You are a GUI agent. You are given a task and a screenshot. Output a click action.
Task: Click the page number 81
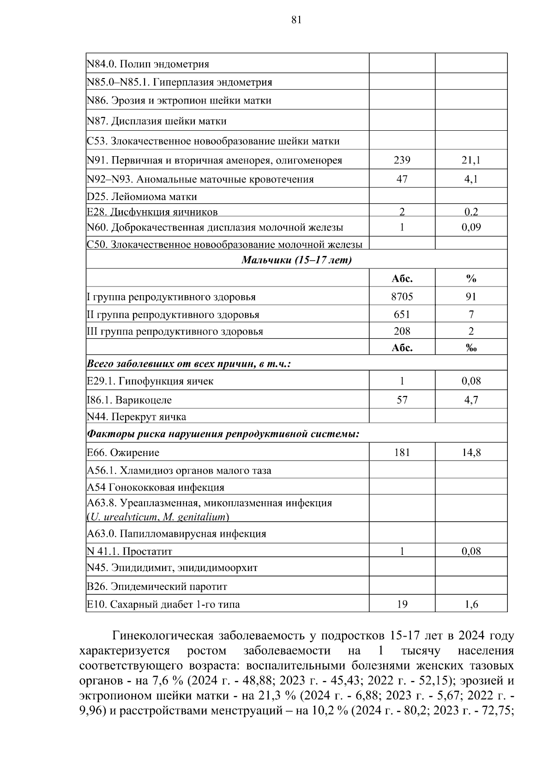(x=296, y=19)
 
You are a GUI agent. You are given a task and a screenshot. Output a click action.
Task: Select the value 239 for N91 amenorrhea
(x=402, y=160)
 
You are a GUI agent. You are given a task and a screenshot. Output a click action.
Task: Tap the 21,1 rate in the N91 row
(x=471, y=160)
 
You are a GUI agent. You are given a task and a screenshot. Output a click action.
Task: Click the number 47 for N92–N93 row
(x=402, y=179)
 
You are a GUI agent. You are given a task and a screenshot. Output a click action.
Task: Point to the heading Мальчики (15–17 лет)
(x=296, y=260)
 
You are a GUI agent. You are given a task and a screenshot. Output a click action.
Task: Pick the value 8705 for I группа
(x=402, y=297)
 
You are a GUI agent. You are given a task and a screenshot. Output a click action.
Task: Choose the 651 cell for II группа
(x=402, y=315)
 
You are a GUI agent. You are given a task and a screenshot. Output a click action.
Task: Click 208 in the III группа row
(x=402, y=331)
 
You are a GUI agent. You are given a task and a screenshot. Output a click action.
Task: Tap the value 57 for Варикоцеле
(x=402, y=400)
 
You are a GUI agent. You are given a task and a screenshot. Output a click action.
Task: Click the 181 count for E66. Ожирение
(x=402, y=453)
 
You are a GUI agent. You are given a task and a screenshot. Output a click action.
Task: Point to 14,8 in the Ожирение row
(x=471, y=453)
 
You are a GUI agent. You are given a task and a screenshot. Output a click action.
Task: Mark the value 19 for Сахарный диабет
(x=402, y=604)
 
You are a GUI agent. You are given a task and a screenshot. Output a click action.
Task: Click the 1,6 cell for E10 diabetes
(x=471, y=604)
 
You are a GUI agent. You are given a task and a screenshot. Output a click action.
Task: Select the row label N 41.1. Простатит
(x=129, y=551)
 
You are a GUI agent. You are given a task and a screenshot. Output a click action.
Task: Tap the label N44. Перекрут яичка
(x=137, y=417)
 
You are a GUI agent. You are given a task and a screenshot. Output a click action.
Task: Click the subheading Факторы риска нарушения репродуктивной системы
(x=223, y=434)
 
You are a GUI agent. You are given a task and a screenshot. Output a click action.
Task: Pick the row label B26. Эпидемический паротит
(x=157, y=587)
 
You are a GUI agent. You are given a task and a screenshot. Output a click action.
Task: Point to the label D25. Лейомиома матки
(x=142, y=197)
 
